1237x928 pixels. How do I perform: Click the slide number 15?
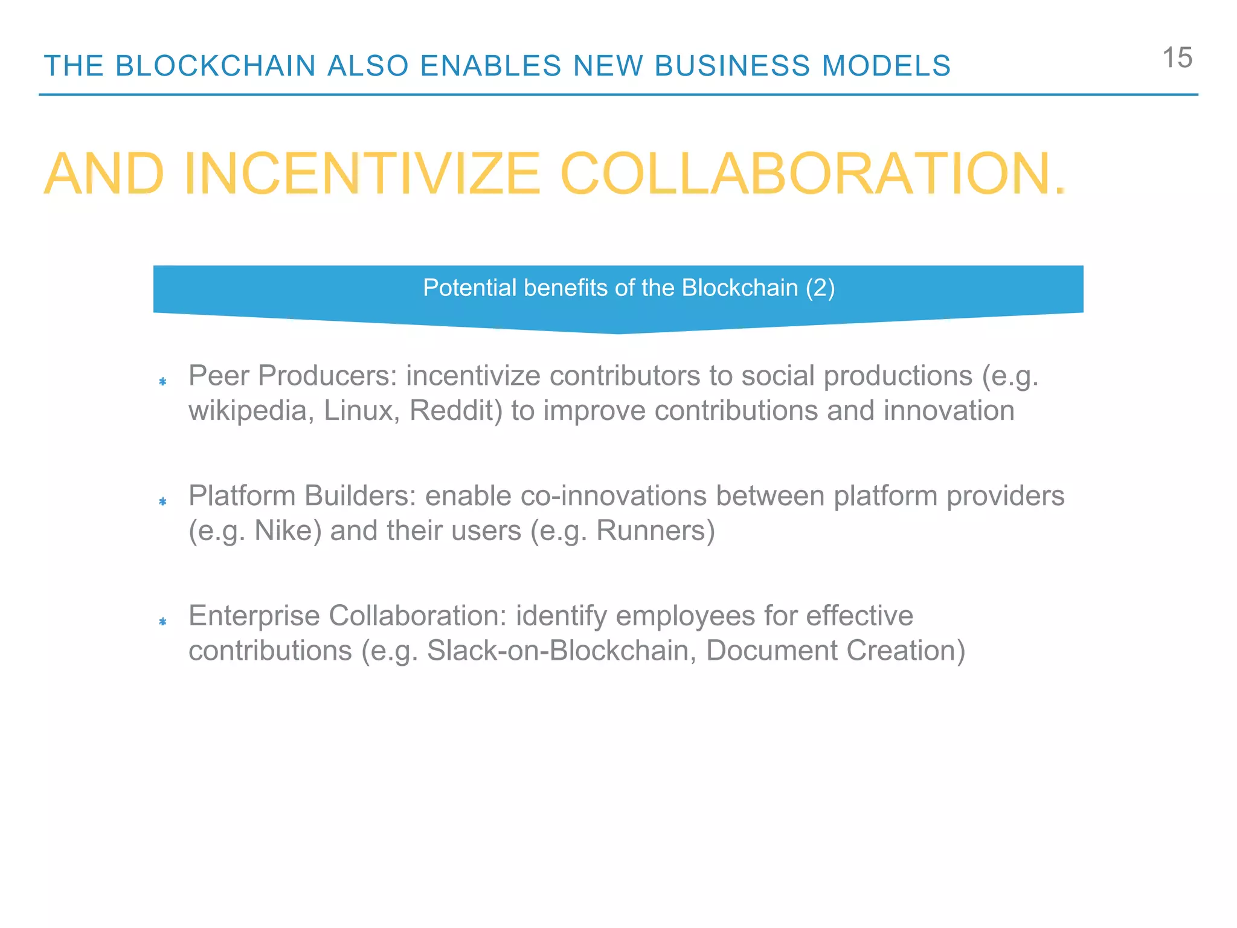pyautogui.click(x=1177, y=58)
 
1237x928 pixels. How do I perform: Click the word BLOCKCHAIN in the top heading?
pyautogui.click(x=216, y=66)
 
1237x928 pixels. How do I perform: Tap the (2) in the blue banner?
pyautogui.click(x=820, y=288)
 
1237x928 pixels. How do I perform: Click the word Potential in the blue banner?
pyautogui.click(x=469, y=288)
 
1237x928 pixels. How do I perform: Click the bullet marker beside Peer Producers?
pyautogui.click(x=162, y=381)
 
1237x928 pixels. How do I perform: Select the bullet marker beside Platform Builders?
pyautogui.click(x=162, y=501)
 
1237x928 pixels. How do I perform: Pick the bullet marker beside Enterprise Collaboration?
pyautogui.click(x=162, y=622)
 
